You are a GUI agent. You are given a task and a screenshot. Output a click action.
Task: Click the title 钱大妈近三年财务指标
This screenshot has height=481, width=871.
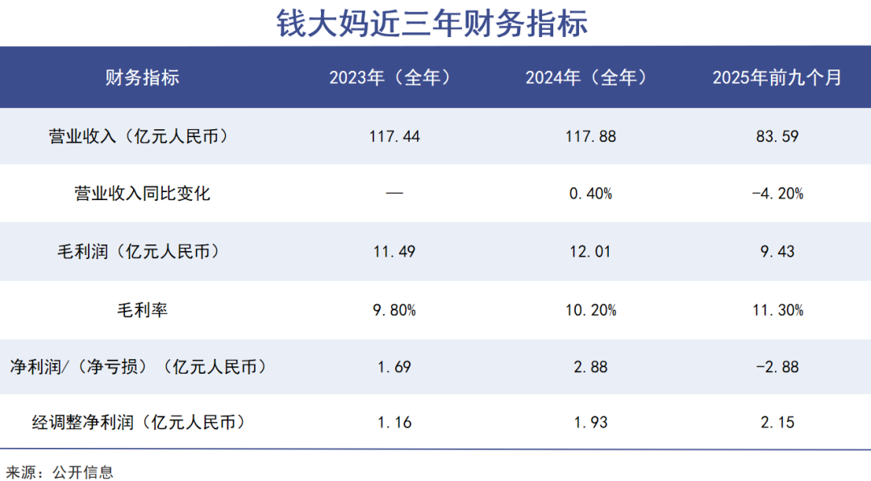tap(433, 23)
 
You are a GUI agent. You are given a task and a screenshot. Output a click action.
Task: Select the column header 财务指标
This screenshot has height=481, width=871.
tap(142, 77)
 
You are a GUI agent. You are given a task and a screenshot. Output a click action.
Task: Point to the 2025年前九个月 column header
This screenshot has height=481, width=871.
tap(777, 77)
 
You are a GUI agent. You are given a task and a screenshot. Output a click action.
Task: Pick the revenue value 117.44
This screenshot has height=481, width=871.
tap(394, 136)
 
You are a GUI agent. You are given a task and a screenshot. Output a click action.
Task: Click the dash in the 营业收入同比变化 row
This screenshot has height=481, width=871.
tap(394, 194)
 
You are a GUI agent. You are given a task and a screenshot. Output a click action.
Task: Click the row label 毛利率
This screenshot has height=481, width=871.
tap(142, 310)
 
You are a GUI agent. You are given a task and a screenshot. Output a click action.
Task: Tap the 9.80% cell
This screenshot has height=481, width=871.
tap(394, 310)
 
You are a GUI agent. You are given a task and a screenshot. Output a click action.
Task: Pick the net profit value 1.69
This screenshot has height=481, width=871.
tap(394, 367)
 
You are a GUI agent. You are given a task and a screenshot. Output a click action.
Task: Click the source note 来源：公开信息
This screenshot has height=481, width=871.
tap(60, 471)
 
